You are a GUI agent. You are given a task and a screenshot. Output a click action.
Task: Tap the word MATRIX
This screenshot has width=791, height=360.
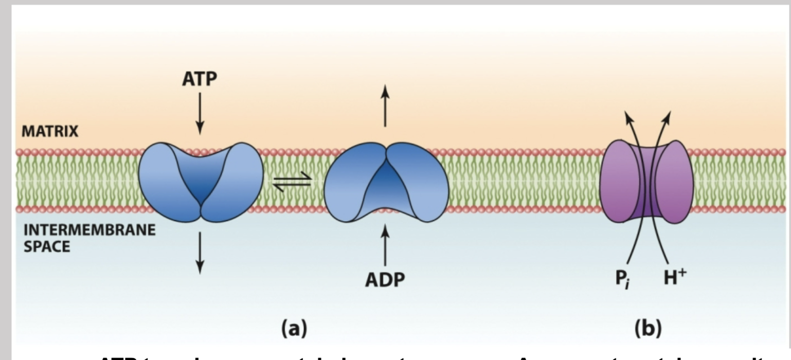[x=50, y=132]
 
